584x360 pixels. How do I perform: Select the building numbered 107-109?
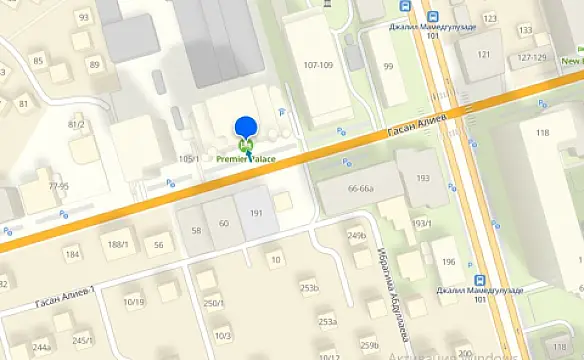(x=318, y=65)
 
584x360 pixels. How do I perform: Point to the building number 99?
(x=388, y=66)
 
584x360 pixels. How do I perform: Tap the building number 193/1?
(x=421, y=223)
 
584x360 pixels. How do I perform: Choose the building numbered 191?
(x=256, y=213)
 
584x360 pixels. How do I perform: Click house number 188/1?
(x=118, y=244)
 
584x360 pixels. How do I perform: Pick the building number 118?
(x=542, y=132)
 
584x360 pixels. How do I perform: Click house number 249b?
(x=357, y=236)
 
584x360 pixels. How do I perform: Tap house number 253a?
(x=327, y=322)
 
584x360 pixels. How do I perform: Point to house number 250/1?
(x=213, y=304)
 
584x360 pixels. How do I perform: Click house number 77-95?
(x=59, y=186)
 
